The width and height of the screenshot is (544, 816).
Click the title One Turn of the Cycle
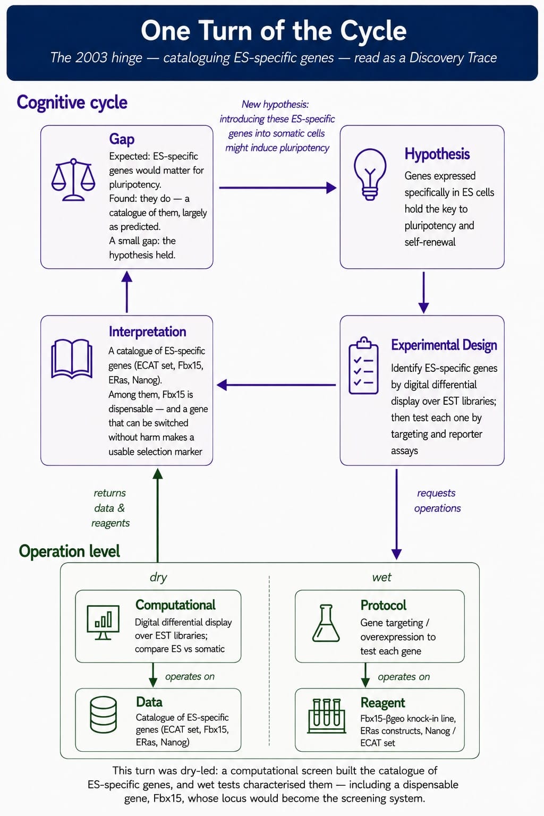(273, 31)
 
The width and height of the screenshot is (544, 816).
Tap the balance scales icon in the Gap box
(73, 180)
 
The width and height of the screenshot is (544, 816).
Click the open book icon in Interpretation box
(72, 359)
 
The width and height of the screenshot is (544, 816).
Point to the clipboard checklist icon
(363, 365)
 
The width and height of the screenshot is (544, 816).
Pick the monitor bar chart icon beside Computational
(103, 623)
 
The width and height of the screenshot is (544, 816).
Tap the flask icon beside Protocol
(326, 623)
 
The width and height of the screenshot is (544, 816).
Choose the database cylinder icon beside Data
(103, 715)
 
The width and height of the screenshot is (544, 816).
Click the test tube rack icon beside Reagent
(327, 716)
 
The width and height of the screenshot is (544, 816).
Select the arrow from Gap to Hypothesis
(278, 188)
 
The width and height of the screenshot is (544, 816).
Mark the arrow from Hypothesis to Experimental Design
(423, 293)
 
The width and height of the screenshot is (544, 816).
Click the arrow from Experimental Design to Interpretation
(276, 385)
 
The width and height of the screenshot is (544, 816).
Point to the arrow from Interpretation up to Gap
(127, 292)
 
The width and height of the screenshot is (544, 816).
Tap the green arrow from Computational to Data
(153, 675)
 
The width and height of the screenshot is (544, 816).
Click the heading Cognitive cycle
(72, 103)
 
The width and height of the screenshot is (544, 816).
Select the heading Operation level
(69, 551)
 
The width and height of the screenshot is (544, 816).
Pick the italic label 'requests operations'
(437, 500)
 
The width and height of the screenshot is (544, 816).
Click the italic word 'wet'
(381, 577)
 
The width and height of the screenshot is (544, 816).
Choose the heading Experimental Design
(444, 345)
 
